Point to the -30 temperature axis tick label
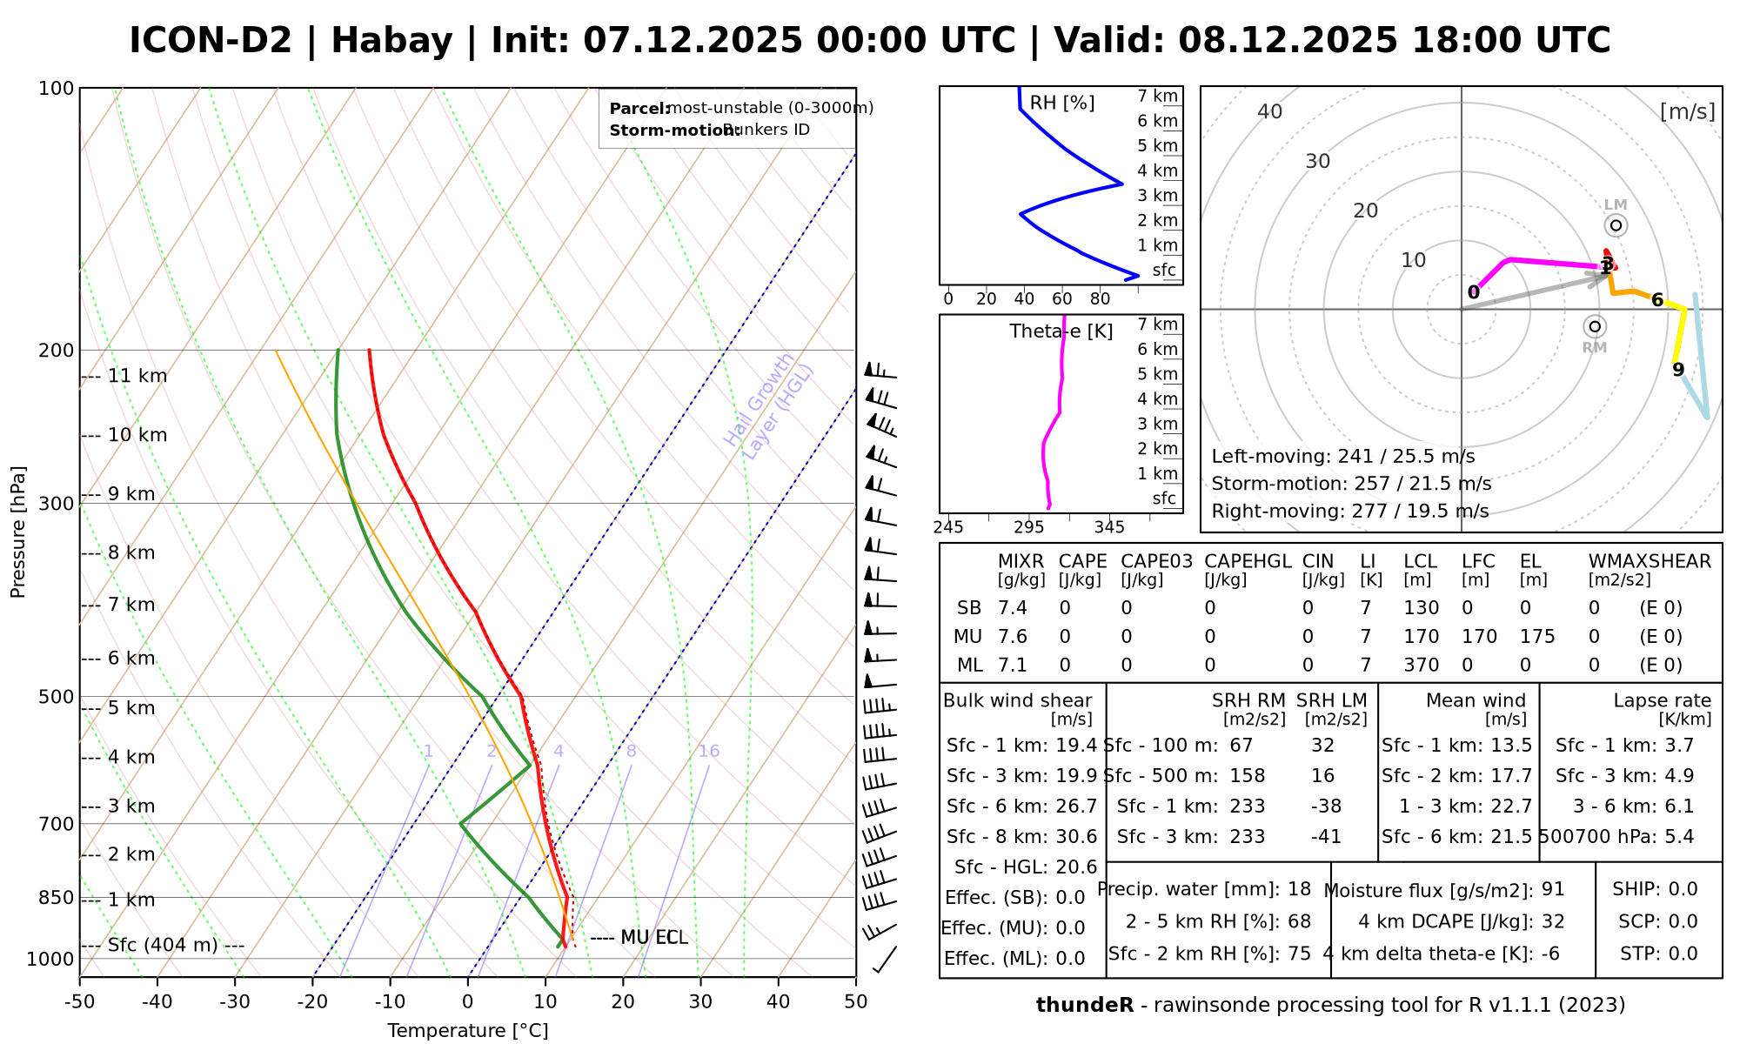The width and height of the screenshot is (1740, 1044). [235, 1002]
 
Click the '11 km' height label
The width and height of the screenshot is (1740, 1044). [137, 376]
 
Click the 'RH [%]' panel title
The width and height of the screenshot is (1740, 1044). [1061, 103]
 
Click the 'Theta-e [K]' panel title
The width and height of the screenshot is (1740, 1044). [1061, 331]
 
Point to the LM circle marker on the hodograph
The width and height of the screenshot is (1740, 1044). [1616, 225]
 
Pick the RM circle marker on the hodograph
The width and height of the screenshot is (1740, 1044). [1595, 326]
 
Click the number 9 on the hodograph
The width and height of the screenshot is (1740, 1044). [1678, 370]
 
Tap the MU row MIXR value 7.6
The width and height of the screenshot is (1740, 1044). [1012, 637]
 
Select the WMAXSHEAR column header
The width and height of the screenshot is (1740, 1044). [1650, 561]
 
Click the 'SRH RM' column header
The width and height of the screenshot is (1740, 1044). [1248, 700]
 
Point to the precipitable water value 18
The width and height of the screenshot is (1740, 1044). [1299, 889]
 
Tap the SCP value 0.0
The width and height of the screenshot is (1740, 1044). [1683, 921]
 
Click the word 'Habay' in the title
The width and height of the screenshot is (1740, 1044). [391, 41]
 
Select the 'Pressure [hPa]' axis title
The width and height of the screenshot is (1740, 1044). [18, 532]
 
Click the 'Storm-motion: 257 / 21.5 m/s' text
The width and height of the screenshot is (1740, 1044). [1351, 484]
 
